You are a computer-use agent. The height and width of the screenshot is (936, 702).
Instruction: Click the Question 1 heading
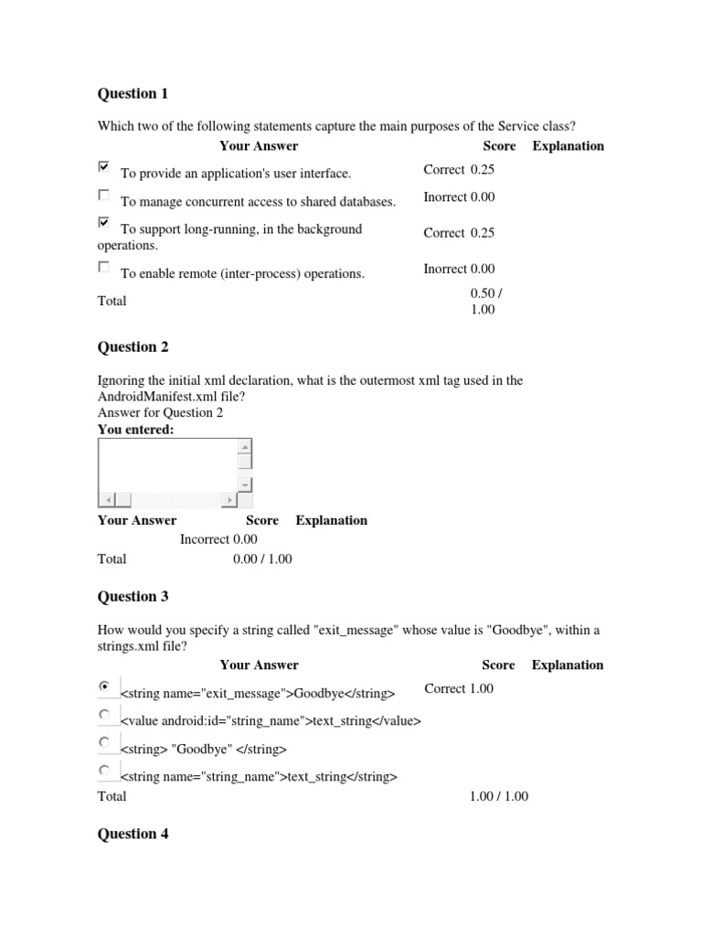(133, 93)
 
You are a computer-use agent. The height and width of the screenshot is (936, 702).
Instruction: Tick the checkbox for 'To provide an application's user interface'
(103, 167)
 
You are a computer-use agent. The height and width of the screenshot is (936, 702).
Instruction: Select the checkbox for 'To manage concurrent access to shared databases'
(103, 196)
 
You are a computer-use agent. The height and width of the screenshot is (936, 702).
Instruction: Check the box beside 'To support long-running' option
(103, 223)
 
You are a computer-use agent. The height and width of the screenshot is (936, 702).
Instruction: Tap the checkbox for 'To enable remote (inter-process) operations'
(103, 268)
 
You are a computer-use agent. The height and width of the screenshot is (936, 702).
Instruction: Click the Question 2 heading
(133, 346)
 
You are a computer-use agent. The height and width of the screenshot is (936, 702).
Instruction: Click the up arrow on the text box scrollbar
(244, 447)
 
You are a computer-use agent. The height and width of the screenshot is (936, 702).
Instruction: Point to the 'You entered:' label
(135, 430)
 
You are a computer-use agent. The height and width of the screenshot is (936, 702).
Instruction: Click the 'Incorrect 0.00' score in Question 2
(218, 539)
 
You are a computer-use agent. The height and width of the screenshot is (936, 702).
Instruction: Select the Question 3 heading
(133, 596)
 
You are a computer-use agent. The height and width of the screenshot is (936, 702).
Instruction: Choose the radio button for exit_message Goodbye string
(104, 686)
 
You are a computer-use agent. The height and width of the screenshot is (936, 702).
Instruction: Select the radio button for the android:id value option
(104, 714)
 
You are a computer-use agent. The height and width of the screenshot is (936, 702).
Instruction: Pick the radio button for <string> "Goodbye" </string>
(104, 742)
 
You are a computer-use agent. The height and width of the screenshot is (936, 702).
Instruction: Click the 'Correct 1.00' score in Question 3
(459, 688)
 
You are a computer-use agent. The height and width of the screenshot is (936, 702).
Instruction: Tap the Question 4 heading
(133, 834)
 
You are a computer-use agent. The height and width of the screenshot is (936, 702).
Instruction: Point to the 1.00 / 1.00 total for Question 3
(498, 796)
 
